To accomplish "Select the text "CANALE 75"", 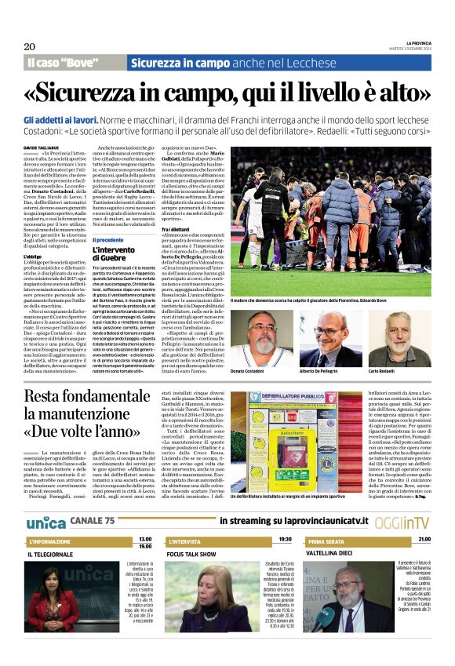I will click(x=93, y=499).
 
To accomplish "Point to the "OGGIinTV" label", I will click(x=402, y=500).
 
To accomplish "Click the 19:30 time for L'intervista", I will click(x=285, y=518).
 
